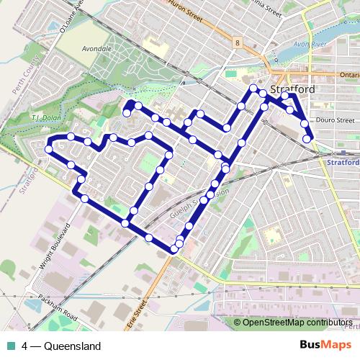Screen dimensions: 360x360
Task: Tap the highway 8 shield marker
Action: click(236, 43)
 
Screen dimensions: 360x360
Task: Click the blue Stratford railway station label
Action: click(343, 163)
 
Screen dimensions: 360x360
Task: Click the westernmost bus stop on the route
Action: click(48, 149)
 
